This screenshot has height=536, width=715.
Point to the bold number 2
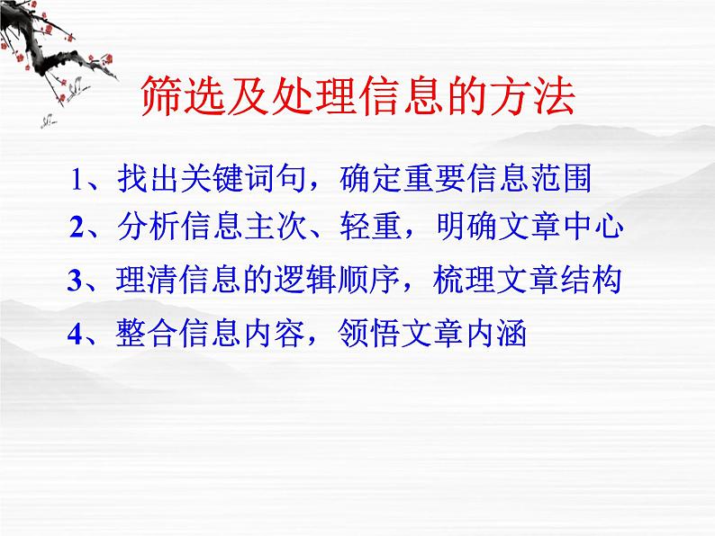(x=77, y=228)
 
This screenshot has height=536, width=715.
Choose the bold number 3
(x=75, y=281)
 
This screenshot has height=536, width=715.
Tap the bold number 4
(x=75, y=335)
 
